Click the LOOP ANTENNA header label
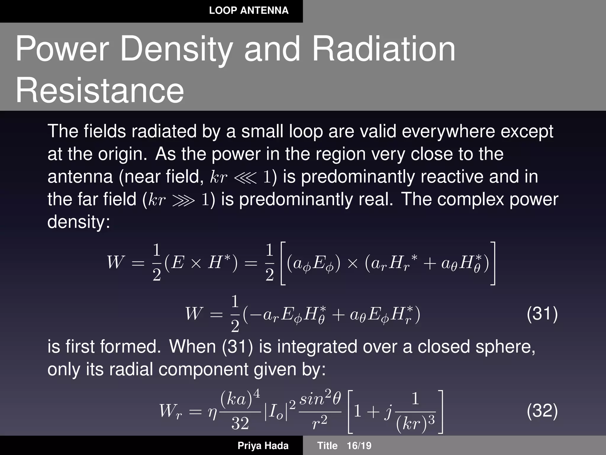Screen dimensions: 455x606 (249, 11)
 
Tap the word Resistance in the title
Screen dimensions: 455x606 (100, 90)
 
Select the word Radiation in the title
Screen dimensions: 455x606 (384, 49)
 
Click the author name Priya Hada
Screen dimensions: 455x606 (263, 446)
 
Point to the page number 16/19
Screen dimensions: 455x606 (359, 446)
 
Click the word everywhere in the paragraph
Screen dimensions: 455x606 (448, 131)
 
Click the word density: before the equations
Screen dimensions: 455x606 (78, 222)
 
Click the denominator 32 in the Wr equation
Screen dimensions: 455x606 (240, 423)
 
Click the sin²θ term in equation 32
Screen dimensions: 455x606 (320, 399)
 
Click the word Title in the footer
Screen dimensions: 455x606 (327, 446)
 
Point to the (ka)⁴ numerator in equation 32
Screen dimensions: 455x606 (240, 398)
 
